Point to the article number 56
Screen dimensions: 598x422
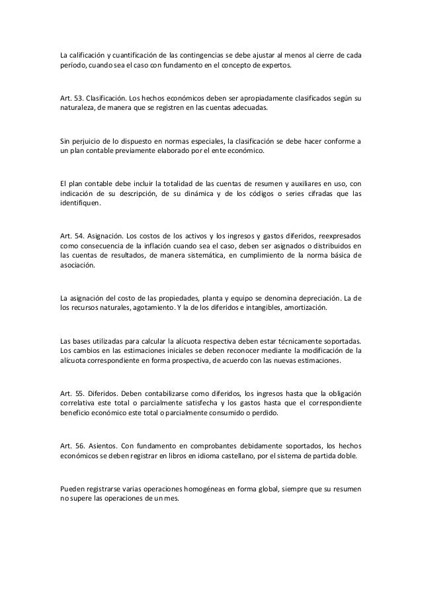point(78,445)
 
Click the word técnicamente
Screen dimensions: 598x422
point(306,342)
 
